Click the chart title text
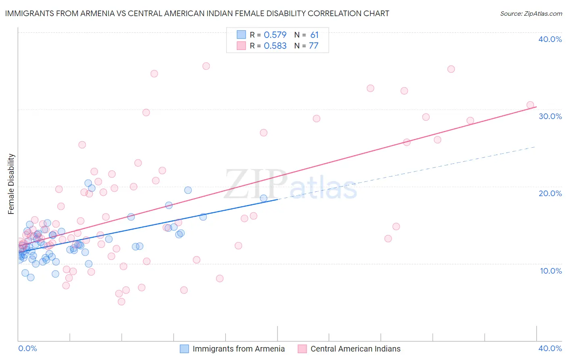pos(197,13)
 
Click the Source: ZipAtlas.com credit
pos(531,13)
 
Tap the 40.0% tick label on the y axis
pos(550,39)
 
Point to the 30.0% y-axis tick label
pos(550,116)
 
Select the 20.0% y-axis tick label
pos(550,193)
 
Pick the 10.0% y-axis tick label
pos(550,271)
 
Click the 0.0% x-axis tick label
pos(27,348)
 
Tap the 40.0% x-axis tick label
pos(550,348)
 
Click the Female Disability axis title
pos(11,184)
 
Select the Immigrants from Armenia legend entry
pos(238,349)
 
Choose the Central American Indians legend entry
pos(355,349)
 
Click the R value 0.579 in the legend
pos(275,35)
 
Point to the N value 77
pos(314,46)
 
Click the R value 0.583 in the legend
pos(275,46)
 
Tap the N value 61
pos(315,35)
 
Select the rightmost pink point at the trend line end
pos(530,105)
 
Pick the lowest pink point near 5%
pos(121,301)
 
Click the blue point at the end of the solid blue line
pos(264,198)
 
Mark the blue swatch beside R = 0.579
pos(241,35)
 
